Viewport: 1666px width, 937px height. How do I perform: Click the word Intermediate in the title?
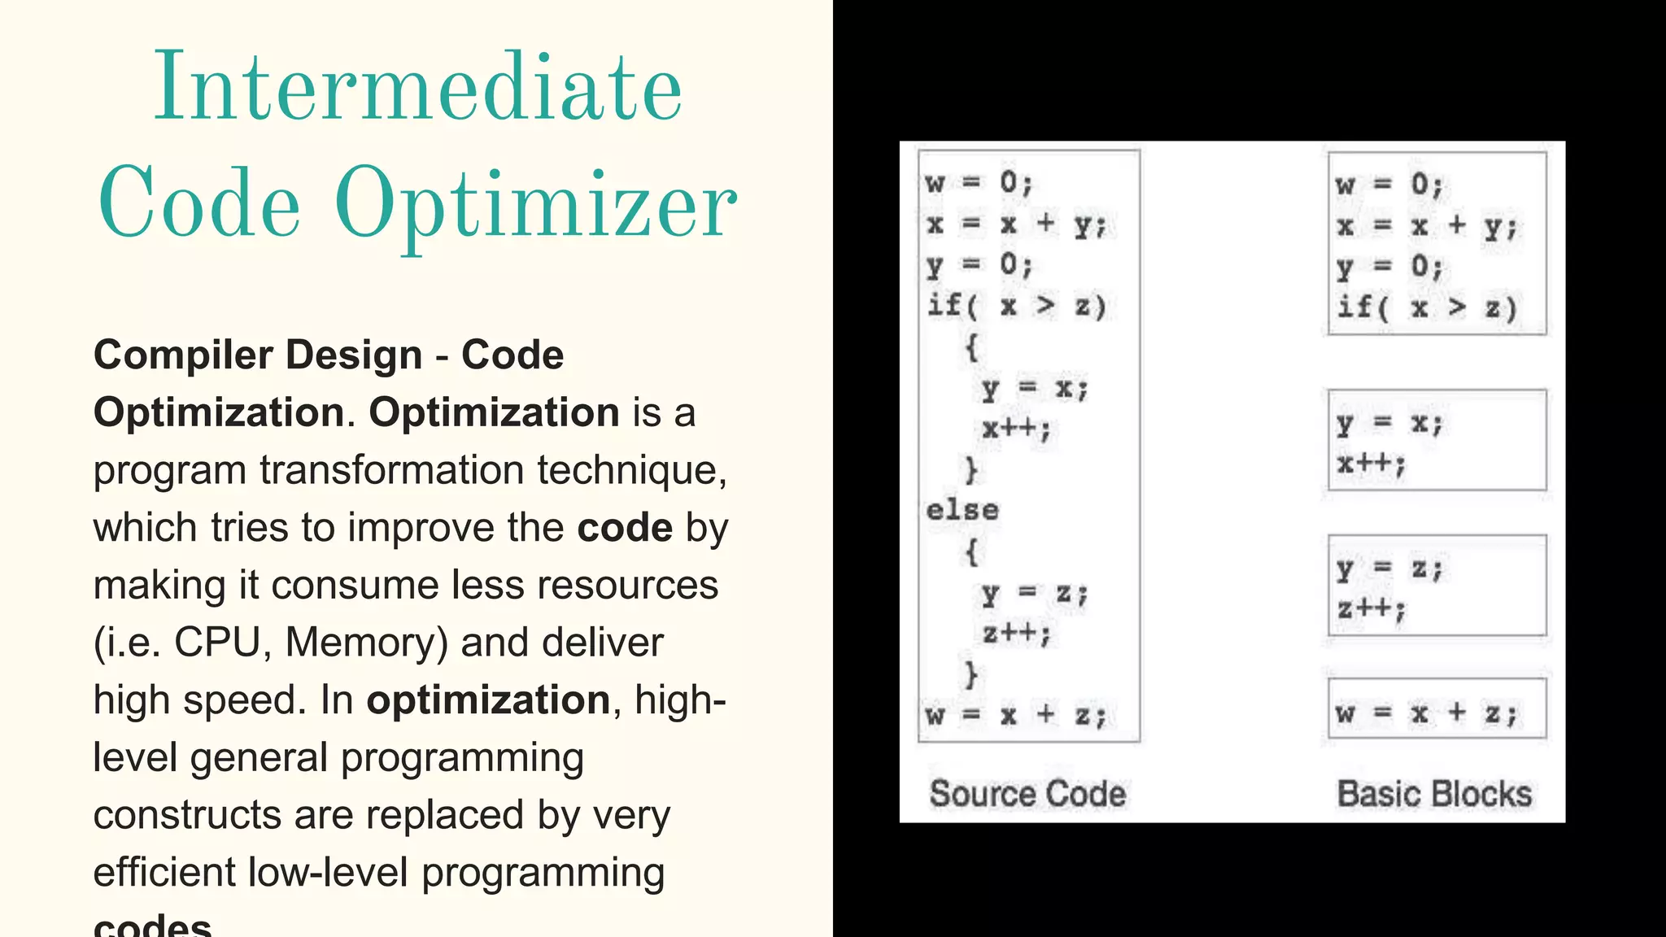tap(418, 87)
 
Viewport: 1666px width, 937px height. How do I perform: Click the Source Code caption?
tap(1027, 794)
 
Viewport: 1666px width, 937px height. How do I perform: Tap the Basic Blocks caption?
tap(1434, 794)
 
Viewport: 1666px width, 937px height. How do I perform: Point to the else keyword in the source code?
tap(962, 511)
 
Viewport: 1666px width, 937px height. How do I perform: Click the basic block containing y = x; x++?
tap(1437, 440)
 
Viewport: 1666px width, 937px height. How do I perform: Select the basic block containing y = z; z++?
tap(1437, 585)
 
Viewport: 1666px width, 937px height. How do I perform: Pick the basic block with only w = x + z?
tap(1437, 708)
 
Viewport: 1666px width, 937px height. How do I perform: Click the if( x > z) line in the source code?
tap(1017, 306)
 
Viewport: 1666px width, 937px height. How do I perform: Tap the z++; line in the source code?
tap(1016, 632)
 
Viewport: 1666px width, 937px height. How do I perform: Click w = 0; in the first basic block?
tap(1389, 185)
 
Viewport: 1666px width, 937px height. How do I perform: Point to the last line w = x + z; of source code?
tap(1016, 715)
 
